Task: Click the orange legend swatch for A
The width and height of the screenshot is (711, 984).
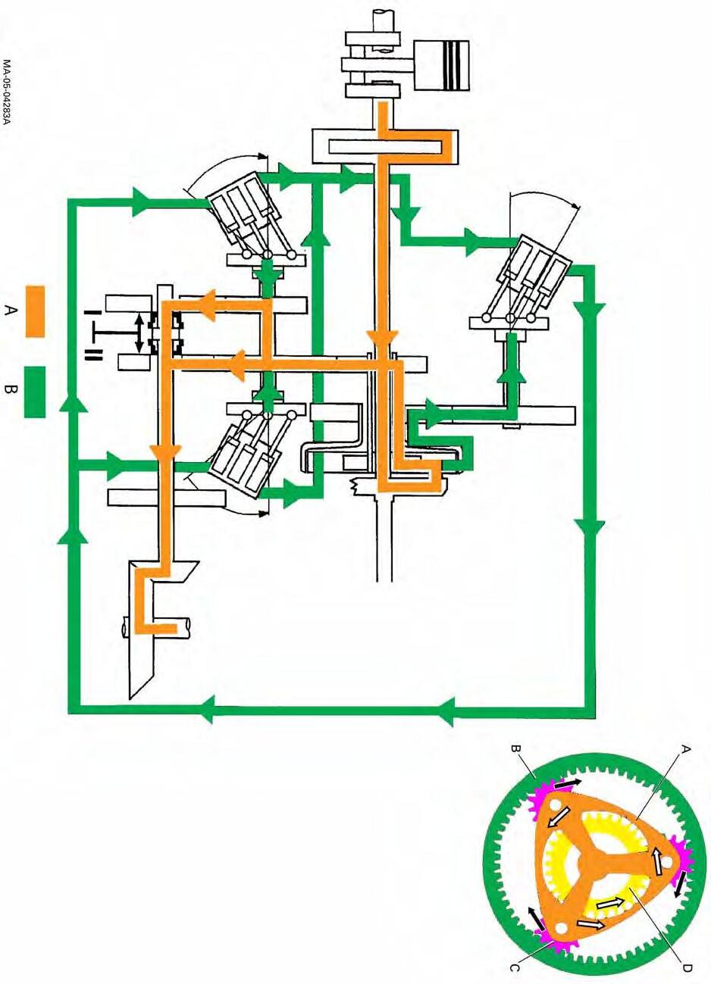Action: point(36,311)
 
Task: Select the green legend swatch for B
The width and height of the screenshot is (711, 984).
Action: point(35,392)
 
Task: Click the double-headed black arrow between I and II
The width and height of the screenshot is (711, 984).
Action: point(139,333)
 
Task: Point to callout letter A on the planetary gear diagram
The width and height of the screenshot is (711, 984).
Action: point(685,750)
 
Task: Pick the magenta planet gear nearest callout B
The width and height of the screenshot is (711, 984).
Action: point(549,805)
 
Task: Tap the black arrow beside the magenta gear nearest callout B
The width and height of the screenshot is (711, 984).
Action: point(574,785)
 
